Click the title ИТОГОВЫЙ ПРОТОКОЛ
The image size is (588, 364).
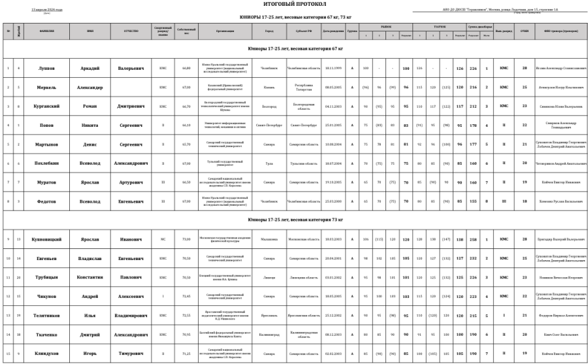pyautogui.click(x=295, y=4)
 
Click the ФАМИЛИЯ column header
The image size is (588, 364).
pyautogui.click(x=46, y=31)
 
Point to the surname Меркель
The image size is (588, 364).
pyautogui.click(x=46, y=87)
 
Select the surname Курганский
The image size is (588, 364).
pyautogui.click(x=46, y=106)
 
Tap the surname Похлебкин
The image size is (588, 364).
pyautogui.click(x=46, y=163)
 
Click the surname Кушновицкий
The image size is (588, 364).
pyautogui.click(x=46, y=239)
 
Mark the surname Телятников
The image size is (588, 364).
pyautogui.click(x=46, y=315)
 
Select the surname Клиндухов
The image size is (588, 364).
pyautogui.click(x=46, y=353)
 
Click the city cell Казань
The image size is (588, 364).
pyautogui.click(x=269, y=87)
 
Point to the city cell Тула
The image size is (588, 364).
pyautogui.click(x=269, y=163)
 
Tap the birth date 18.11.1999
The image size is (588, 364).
pyautogui.click(x=334, y=68)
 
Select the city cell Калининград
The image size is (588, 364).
pyautogui.click(x=269, y=334)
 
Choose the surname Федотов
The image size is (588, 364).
pyautogui.click(x=46, y=201)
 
